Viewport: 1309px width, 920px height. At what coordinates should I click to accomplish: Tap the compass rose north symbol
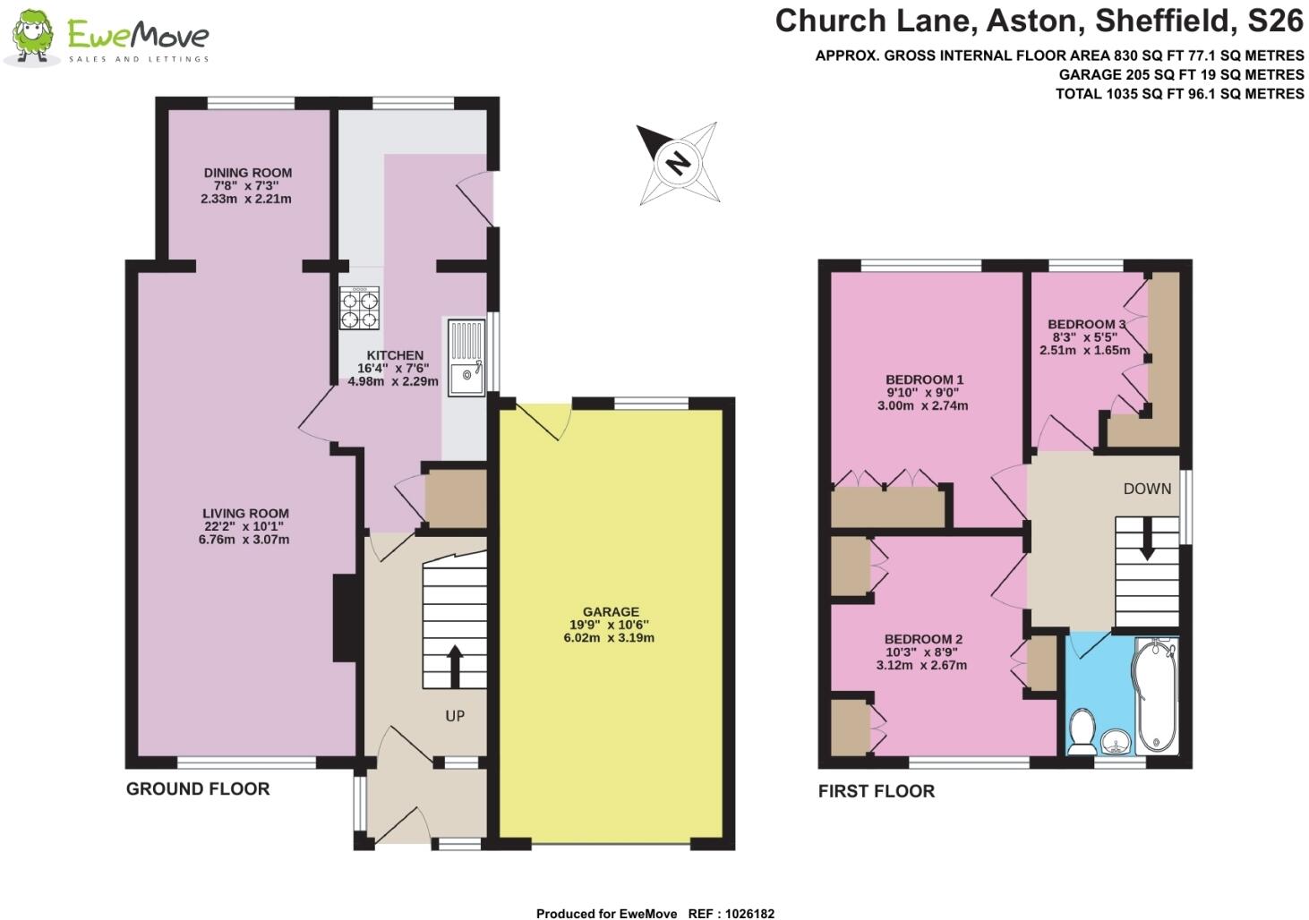click(x=678, y=163)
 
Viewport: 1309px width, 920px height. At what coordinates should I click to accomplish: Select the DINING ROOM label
click(x=247, y=173)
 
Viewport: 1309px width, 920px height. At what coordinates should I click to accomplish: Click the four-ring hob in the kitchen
click(x=360, y=308)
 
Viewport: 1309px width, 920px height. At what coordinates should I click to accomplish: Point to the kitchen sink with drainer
click(x=465, y=356)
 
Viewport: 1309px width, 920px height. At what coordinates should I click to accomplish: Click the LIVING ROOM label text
click(x=245, y=514)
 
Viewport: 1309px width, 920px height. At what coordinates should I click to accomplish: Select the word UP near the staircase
click(x=455, y=716)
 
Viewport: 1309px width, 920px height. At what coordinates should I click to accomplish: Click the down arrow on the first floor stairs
click(x=1147, y=543)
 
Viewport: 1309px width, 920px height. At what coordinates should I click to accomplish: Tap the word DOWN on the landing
click(x=1147, y=489)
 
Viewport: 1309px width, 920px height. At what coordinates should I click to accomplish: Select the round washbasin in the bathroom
click(x=1115, y=741)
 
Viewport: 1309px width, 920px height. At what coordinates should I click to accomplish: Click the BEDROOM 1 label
click(x=925, y=379)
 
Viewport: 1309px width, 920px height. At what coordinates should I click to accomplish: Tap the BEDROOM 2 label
click(x=923, y=639)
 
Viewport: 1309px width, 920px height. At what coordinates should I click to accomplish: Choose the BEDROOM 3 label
click(x=1086, y=324)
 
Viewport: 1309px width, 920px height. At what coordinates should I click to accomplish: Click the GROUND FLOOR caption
click(x=198, y=789)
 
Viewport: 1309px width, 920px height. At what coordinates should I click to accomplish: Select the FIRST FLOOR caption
click(x=877, y=791)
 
